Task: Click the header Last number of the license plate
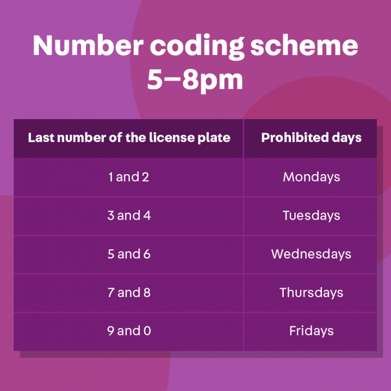click(129, 138)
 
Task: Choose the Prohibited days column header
click(311, 138)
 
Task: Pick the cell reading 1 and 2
click(129, 177)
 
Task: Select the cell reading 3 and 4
click(129, 215)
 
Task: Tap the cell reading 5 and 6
click(129, 254)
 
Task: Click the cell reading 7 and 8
click(129, 292)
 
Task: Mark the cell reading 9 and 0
click(129, 331)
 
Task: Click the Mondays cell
click(311, 177)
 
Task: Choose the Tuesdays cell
click(311, 215)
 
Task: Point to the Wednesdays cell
click(311, 254)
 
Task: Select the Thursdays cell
click(311, 292)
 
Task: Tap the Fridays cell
click(311, 331)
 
